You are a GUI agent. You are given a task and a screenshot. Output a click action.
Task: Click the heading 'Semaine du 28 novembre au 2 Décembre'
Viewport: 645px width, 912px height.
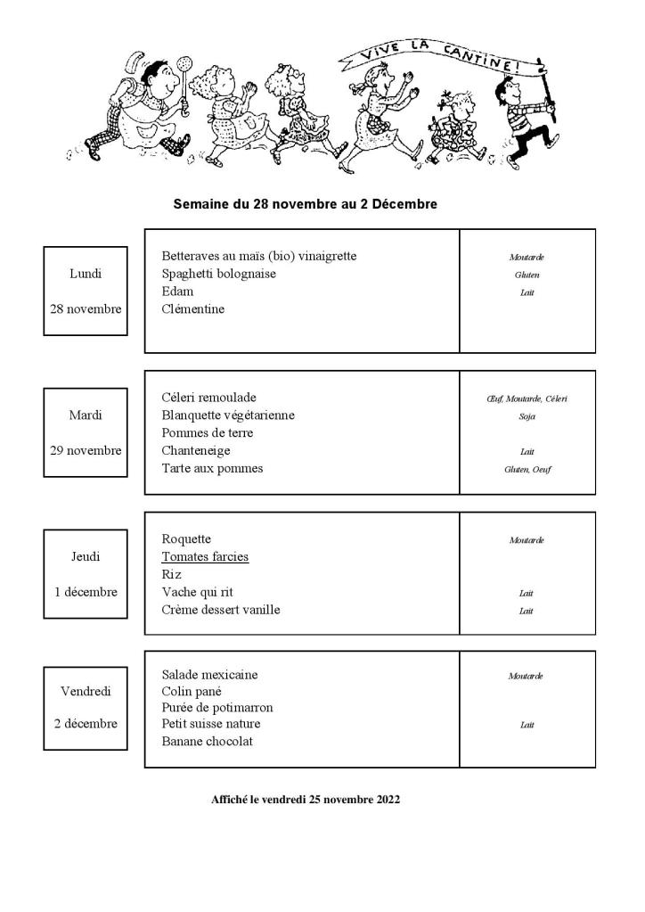(306, 204)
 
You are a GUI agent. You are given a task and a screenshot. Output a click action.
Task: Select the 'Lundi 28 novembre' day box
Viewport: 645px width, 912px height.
(86, 292)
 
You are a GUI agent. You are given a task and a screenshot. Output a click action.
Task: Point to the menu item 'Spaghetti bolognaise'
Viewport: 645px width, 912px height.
(219, 274)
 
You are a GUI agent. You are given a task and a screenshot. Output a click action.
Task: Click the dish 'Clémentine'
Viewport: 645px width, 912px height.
(193, 309)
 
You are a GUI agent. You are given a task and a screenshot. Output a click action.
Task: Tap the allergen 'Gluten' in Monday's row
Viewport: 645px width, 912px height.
(527, 275)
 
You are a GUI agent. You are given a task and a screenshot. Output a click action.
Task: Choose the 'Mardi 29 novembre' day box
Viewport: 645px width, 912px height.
(86, 432)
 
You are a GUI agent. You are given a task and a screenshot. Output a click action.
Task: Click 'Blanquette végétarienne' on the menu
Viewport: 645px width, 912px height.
(228, 415)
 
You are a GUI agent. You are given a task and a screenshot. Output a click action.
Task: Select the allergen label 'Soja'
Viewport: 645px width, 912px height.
(527, 416)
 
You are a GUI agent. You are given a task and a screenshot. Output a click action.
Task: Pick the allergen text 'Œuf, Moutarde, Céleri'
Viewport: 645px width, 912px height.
(527, 398)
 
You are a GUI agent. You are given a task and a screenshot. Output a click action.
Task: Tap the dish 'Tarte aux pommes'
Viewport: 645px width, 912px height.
(212, 469)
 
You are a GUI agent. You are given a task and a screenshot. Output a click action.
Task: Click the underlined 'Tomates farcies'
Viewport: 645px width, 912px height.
(205, 557)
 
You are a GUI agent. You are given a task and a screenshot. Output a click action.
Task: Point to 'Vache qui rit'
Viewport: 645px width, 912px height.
(198, 593)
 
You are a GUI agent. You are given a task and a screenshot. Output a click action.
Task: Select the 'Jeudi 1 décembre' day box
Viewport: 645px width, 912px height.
(86, 574)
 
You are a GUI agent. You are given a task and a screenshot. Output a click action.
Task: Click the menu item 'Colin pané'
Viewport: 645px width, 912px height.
(192, 691)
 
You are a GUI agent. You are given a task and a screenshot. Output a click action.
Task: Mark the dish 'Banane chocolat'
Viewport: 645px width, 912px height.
(208, 742)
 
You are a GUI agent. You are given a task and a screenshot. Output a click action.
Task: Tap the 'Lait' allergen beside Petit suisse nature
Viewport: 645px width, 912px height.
(527, 725)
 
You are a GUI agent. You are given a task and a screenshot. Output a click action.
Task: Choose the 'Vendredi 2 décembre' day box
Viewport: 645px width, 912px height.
(86, 707)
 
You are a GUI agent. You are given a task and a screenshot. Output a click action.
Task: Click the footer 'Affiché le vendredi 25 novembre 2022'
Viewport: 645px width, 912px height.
(306, 800)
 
